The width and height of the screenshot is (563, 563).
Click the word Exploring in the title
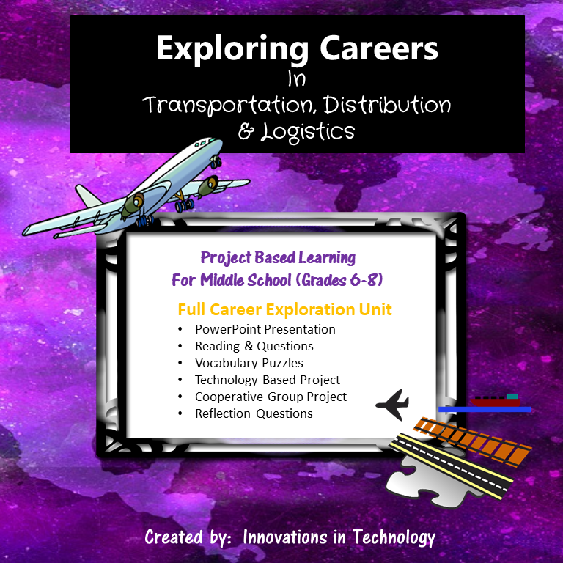pos(216,49)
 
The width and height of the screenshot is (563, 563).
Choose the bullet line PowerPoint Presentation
pos(265,329)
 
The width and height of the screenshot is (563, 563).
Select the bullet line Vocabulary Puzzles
pos(249,363)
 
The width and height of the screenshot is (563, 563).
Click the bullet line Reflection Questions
pos(254,413)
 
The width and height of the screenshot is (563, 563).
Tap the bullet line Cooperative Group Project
pos(271,397)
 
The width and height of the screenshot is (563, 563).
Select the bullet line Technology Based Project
pos(267,380)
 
